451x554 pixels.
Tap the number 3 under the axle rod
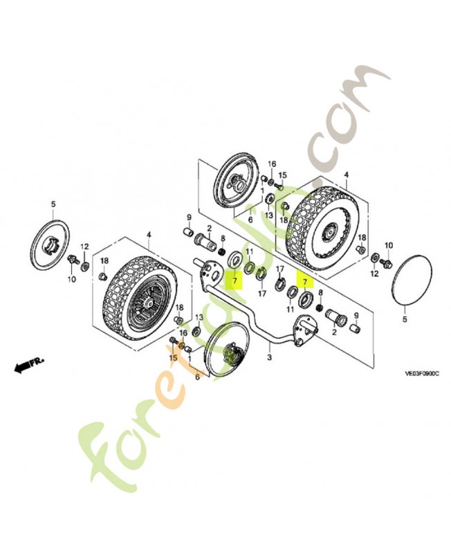pyautogui.click(x=270, y=357)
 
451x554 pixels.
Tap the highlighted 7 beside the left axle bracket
pyautogui.click(x=234, y=281)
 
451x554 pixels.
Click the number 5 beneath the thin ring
pyautogui.click(x=405, y=319)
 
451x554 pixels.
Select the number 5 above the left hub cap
pyautogui.click(x=53, y=204)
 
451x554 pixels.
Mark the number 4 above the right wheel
pyautogui.click(x=346, y=175)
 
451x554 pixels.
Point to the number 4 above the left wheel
pyautogui.click(x=149, y=235)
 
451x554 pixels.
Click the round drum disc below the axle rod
pyautogui.click(x=228, y=349)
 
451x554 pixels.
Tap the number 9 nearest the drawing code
pyautogui.click(x=356, y=315)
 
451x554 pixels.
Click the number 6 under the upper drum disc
pyautogui.click(x=250, y=220)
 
